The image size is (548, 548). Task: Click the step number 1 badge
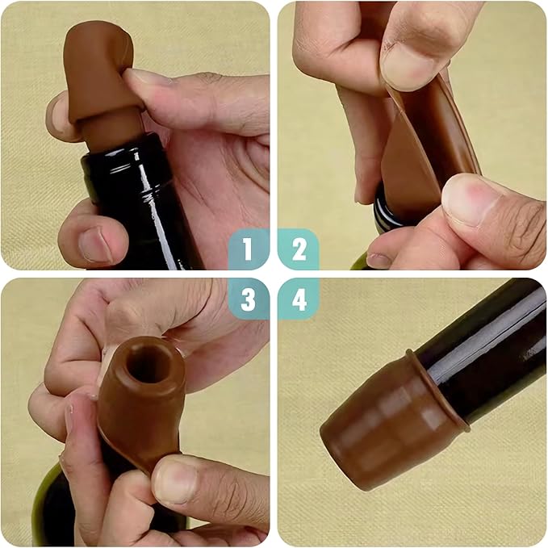click(x=248, y=249)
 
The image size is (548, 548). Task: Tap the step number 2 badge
click(x=299, y=249)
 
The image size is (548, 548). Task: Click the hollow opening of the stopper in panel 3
click(x=148, y=364)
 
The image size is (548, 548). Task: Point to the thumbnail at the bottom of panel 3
click(x=173, y=483)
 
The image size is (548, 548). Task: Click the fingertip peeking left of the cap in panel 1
click(x=56, y=113)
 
